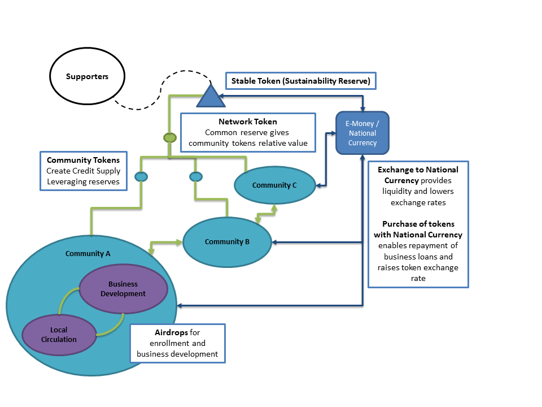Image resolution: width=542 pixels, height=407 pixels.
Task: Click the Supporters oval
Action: click(87, 76)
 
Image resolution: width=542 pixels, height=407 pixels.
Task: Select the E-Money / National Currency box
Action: click(362, 133)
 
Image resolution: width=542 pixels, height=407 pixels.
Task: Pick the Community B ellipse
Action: click(227, 242)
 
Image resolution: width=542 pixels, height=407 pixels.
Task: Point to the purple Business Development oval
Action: click(123, 288)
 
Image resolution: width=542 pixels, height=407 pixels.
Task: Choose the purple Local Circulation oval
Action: click(59, 335)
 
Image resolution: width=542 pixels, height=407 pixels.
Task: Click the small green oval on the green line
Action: click(169, 137)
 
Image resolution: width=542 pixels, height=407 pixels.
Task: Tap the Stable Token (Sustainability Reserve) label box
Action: click(300, 81)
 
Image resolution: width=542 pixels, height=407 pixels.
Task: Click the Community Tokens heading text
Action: click(83, 160)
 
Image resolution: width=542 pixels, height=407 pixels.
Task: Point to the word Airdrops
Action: click(172, 332)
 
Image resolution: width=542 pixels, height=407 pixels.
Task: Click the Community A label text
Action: click(88, 253)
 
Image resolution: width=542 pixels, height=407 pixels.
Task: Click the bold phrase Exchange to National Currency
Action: click(418, 175)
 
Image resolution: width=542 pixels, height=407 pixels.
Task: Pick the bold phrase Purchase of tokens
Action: click(418, 224)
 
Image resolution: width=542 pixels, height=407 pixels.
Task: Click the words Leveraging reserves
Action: click(83, 181)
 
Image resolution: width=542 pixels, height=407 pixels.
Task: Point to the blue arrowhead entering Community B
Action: click(275, 243)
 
